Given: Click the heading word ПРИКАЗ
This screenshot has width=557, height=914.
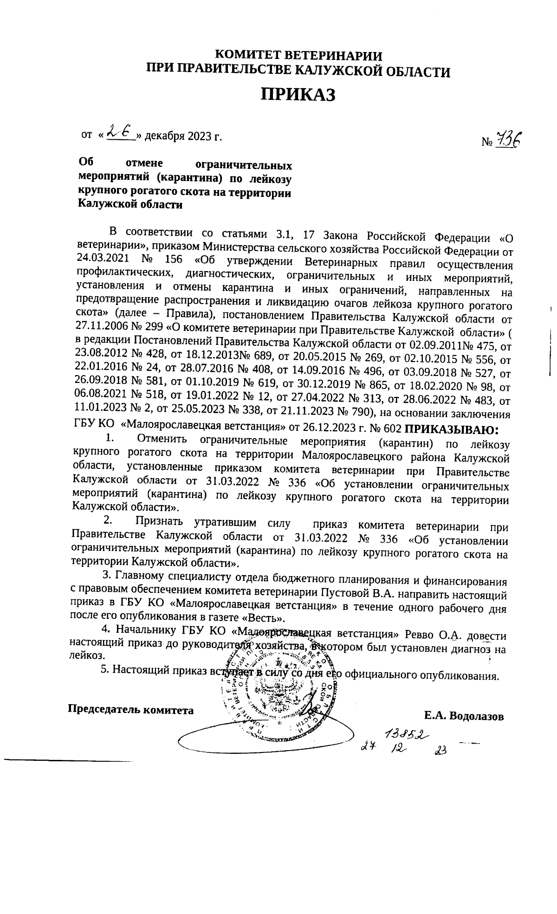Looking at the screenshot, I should (x=298, y=94).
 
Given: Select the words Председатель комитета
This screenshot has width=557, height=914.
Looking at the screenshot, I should (x=131, y=710).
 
